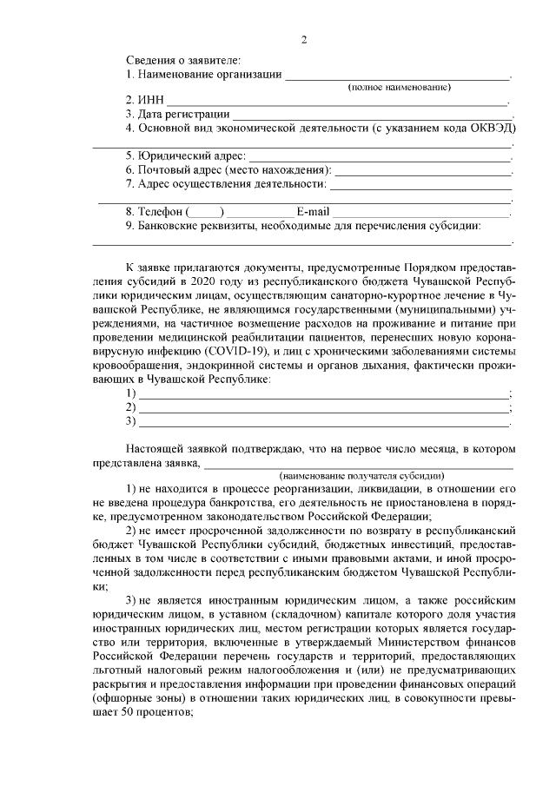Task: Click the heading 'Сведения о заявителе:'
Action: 182,60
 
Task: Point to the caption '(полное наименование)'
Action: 399,88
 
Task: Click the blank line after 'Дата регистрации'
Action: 373,114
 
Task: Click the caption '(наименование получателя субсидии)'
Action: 361,476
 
